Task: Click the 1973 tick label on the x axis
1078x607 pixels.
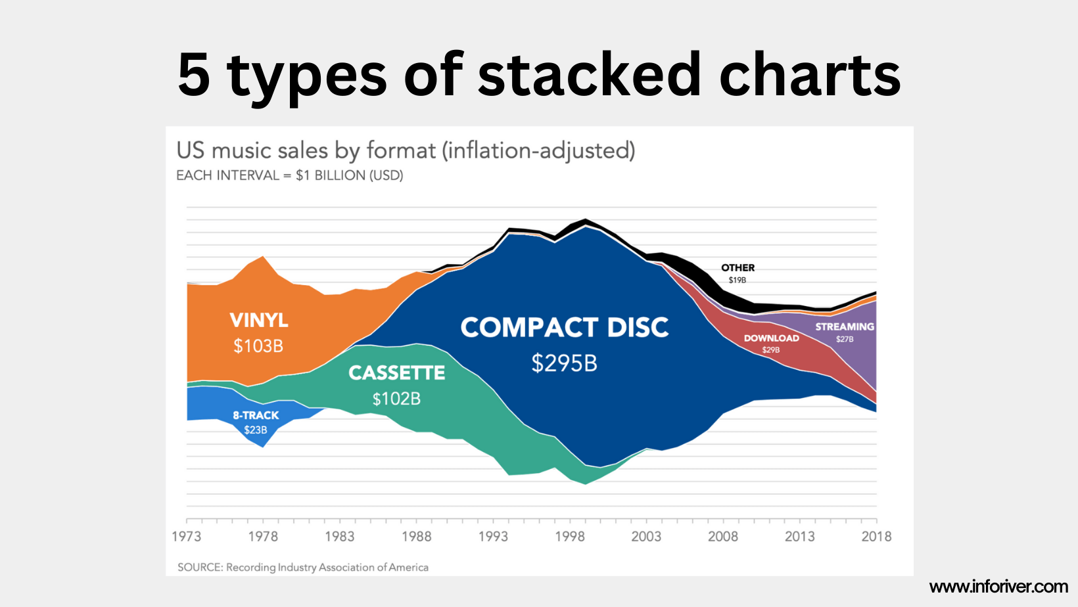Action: (186, 536)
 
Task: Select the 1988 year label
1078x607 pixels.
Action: (416, 536)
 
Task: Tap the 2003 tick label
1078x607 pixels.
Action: (646, 536)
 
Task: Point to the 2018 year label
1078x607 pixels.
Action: (876, 536)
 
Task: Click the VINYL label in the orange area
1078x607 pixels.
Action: (259, 320)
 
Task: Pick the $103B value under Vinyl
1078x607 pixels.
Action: (258, 346)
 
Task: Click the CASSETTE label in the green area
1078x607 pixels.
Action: (396, 373)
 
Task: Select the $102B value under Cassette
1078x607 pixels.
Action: (396, 399)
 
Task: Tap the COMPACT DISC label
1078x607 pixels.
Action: (564, 328)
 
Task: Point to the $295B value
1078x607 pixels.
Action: (564, 363)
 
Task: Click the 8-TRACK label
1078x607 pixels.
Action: (256, 415)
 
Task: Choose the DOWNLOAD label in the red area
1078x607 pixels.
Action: (771, 338)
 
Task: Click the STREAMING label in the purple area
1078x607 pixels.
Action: (845, 326)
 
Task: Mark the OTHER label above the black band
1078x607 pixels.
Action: (738, 267)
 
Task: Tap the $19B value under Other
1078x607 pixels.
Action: (738, 281)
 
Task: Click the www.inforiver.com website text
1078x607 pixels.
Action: (998, 586)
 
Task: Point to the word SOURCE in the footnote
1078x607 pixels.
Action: (199, 567)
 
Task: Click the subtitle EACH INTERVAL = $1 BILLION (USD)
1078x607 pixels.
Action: (290, 175)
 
